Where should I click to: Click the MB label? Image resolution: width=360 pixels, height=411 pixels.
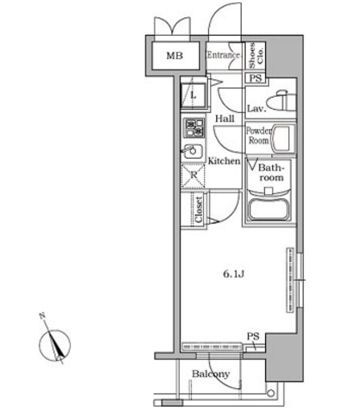pos(175,55)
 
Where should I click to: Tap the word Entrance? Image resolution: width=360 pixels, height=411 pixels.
pos(223,55)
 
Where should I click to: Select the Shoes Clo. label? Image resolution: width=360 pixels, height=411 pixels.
pos(256,55)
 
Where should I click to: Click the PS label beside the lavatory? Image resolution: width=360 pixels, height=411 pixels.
pos(255,78)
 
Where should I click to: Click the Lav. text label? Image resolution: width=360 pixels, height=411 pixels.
pos(256,109)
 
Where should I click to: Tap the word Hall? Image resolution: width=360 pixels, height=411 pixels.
pos(225,119)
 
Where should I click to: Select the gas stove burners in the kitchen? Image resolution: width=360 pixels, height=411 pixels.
pos(194,128)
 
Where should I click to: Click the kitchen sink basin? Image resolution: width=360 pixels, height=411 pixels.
pos(193,152)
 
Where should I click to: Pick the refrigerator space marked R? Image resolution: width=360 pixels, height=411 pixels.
pos(193,175)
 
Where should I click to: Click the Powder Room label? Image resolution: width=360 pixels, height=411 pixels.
pos(259,136)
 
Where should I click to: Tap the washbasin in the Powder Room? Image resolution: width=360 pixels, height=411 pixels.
pos(283,138)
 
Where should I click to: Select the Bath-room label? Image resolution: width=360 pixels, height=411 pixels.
pos(271,172)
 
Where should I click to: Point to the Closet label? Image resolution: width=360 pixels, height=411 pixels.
pos(199,210)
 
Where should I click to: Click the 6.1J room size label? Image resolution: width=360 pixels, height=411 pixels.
pos(234,274)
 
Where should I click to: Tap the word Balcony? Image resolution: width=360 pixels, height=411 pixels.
pos(210,374)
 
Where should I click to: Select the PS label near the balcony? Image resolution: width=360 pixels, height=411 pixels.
pos(253,336)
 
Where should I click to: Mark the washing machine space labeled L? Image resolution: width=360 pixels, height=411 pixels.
pos(193,94)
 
